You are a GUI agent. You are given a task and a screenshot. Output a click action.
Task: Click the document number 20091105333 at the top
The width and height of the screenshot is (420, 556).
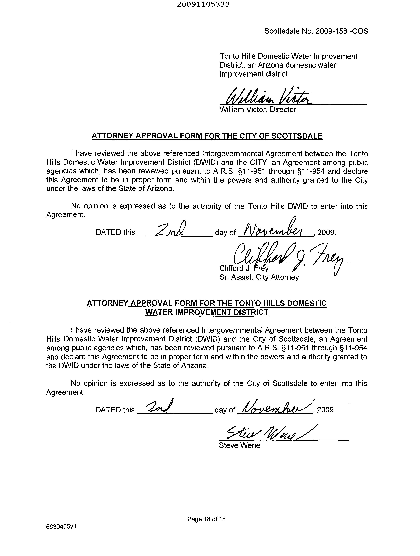(x=203, y=4)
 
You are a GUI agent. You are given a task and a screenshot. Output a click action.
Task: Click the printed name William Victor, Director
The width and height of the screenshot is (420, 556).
(x=258, y=110)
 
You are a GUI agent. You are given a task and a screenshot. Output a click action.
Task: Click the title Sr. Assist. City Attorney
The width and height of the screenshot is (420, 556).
(x=259, y=277)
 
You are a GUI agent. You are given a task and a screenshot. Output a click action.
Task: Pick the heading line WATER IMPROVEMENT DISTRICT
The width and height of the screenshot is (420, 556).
(x=207, y=312)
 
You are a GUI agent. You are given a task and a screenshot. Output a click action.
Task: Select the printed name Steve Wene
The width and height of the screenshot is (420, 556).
(x=239, y=446)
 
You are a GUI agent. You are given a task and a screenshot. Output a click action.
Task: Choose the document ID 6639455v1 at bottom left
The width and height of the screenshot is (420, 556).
(x=61, y=527)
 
